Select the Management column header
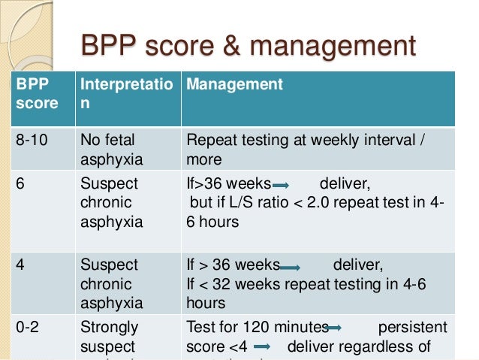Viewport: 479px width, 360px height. click(x=234, y=84)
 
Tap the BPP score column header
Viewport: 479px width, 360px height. click(x=37, y=94)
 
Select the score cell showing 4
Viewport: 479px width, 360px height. click(x=20, y=265)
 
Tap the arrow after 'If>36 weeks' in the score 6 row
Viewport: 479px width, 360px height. click(x=282, y=185)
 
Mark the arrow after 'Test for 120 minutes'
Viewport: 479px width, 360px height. click(x=335, y=328)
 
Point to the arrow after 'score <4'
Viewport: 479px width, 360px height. click(x=262, y=347)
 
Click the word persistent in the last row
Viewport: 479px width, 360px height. click(x=412, y=327)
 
